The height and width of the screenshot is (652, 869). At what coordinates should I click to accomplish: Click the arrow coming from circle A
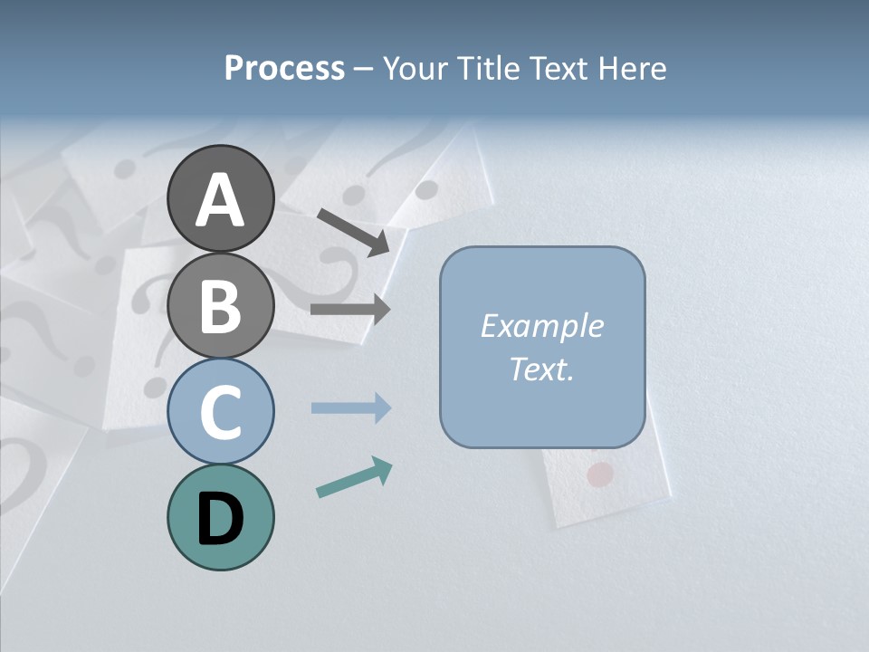(x=353, y=231)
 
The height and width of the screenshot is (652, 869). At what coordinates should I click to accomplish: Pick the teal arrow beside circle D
(x=354, y=478)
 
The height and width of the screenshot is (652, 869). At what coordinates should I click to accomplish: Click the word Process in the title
(x=284, y=69)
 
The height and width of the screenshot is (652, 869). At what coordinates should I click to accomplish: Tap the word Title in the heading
(x=488, y=69)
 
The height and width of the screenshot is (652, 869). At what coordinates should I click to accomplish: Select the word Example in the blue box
(x=541, y=326)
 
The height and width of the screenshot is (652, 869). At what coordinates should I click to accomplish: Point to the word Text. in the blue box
(x=541, y=369)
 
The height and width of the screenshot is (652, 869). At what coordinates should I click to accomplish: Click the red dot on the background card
(x=600, y=473)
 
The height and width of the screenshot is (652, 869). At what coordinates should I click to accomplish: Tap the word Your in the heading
(x=415, y=69)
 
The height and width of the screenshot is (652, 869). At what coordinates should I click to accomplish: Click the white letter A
(x=220, y=200)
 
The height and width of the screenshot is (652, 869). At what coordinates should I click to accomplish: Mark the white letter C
(x=220, y=412)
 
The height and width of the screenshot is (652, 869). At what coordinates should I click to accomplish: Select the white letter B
(x=220, y=307)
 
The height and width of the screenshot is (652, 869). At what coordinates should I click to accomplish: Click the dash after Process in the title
(x=364, y=70)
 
